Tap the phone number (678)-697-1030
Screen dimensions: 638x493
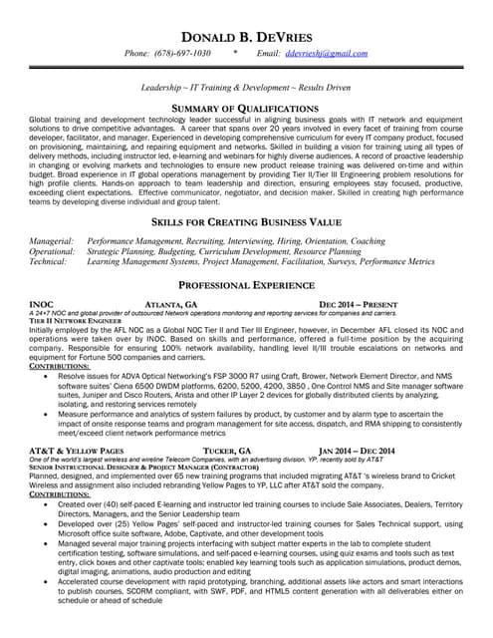[186, 53]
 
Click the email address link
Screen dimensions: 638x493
[326, 53]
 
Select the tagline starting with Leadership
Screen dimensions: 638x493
[246, 88]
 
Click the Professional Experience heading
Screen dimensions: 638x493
[246, 285]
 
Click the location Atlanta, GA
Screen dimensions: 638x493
[171, 303]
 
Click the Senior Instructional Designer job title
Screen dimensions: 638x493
[128, 467]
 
